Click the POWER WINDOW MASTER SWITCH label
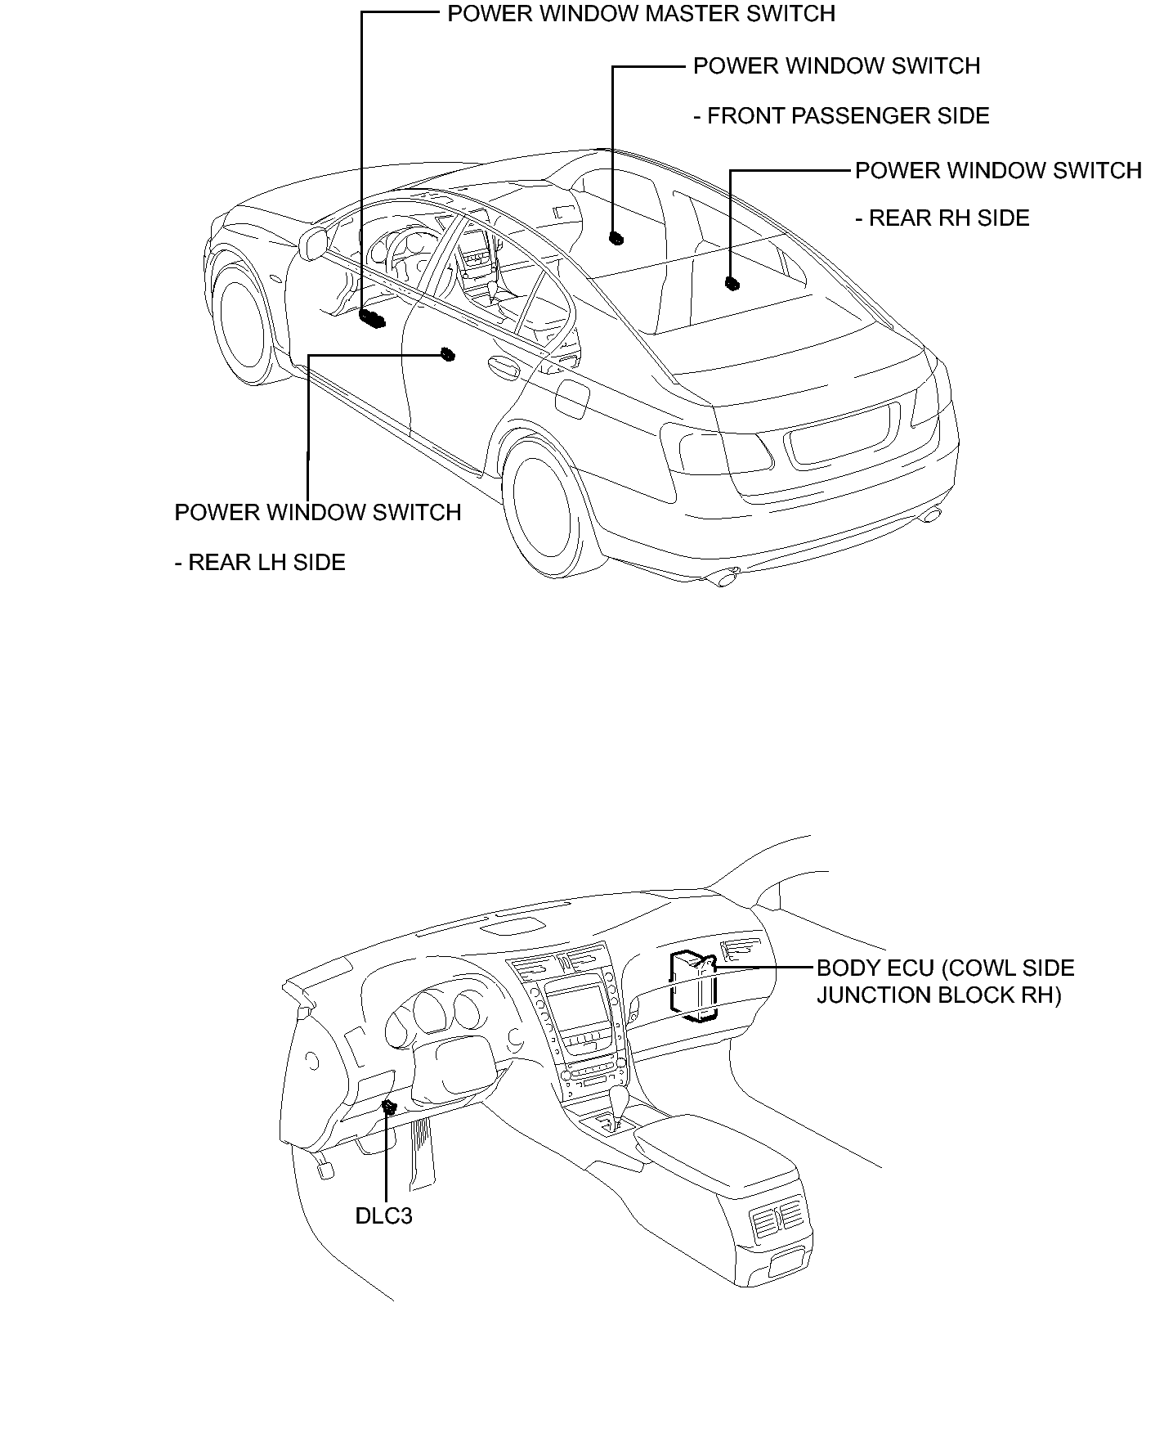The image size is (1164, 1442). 641,14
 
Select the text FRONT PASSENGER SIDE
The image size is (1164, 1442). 841,116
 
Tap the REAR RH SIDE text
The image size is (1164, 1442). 942,218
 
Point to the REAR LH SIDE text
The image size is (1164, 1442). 260,563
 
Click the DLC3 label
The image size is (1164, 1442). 383,1215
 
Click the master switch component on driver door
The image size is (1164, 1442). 372,319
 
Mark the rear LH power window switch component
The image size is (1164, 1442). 447,354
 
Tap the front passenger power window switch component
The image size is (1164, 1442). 616,239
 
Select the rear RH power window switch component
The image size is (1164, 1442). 732,284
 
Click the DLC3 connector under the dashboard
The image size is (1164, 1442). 390,1108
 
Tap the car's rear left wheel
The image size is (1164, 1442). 545,515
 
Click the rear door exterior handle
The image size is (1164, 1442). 502,366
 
